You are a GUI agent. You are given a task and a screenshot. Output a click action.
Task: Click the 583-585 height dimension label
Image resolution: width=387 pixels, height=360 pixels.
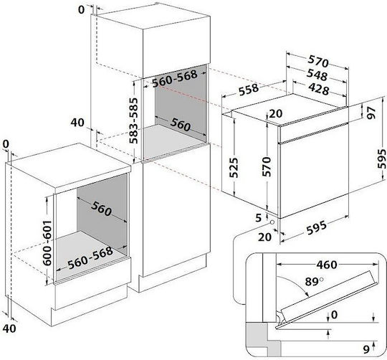point(134,120)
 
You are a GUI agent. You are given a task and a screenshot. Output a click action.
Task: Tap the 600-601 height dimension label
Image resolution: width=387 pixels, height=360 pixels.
point(47,243)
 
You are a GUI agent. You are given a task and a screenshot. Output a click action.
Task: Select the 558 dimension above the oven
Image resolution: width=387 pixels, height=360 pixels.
point(249,90)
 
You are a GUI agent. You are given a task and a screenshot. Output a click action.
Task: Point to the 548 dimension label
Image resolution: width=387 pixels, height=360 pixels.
point(317,75)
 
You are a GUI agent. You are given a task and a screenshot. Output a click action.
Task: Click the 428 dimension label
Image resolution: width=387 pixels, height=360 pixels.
point(319,90)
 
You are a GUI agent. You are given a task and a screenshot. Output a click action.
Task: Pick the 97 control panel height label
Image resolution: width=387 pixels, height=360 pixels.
point(371,113)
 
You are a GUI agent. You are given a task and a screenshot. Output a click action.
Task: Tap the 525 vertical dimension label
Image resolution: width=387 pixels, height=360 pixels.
point(234,167)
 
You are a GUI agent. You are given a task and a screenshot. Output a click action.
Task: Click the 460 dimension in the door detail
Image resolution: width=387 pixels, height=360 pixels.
point(327,265)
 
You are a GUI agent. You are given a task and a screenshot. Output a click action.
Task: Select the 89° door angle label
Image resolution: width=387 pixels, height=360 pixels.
point(314,282)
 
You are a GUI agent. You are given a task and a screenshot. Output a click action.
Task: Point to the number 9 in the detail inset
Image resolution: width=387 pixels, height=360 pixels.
point(366,349)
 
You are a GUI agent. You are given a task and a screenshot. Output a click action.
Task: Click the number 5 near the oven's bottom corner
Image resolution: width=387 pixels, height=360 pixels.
point(258,218)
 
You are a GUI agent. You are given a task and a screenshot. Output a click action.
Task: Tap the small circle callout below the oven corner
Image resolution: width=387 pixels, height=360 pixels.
point(272,222)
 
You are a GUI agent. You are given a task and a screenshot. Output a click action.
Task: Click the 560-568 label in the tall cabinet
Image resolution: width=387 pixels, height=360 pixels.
point(175,78)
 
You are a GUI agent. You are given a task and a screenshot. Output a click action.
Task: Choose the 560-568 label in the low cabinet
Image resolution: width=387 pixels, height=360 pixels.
point(90,258)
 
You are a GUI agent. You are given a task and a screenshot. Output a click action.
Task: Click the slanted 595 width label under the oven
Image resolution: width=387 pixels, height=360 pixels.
point(317,228)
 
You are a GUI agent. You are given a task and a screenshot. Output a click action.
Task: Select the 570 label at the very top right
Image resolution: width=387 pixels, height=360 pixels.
point(318,62)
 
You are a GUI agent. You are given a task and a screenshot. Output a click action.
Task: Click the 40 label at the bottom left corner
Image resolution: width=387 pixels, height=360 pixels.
point(9,328)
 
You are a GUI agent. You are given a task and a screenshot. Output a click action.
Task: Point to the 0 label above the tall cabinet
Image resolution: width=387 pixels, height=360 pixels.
point(81,9)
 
